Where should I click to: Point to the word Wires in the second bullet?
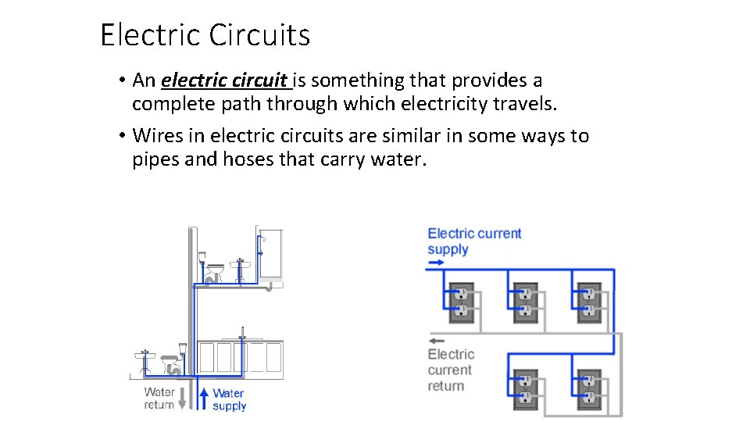click(157, 136)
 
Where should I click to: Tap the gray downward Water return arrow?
click(183, 398)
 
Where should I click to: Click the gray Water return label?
click(159, 399)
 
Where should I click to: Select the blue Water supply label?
click(229, 399)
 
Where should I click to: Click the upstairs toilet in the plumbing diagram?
click(212, 269)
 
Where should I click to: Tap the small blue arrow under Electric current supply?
click(436, 264)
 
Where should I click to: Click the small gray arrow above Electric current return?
click(437, 340)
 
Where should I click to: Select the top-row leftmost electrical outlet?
click(460, 302)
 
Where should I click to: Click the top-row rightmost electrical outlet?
click(590, 302)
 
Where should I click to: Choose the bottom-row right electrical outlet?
click(590, 389)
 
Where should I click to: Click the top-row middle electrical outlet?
click(525, 302)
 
